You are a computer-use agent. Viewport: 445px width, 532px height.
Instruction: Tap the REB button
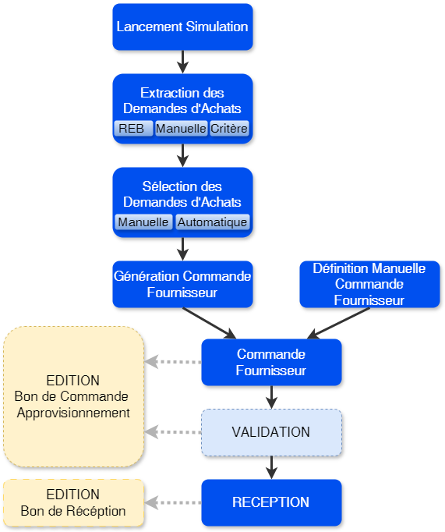pos(132,129)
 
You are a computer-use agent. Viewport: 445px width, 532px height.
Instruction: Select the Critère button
pos(230,129)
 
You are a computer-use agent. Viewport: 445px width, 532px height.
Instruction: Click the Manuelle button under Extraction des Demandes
pos(181,129)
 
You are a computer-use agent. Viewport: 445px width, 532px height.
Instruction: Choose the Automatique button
pos(212,222)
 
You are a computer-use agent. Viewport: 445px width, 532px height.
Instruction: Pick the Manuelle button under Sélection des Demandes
pos(143,222)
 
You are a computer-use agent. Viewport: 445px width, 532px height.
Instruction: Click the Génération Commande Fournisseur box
pos(182,284)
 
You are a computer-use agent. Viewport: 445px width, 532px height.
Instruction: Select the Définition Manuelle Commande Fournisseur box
pos(369,284)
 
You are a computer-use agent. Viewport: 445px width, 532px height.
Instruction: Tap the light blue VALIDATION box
pos(270,432)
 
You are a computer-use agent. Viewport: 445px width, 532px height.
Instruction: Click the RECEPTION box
pos(270,502)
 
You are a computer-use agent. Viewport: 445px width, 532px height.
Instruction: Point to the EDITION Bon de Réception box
pos(73,502)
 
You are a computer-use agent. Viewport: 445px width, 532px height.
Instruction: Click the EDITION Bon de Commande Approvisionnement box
pos(73,396)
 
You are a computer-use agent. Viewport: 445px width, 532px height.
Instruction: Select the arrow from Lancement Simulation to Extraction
pos(182,62)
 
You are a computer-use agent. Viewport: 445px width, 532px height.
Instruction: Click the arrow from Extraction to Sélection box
pos(182,155)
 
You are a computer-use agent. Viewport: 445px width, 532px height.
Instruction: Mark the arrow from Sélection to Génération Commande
pos(182,249)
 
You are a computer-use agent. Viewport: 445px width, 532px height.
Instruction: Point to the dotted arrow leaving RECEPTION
pos(173,502)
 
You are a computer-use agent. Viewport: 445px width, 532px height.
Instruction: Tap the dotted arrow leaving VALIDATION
pos(173,432)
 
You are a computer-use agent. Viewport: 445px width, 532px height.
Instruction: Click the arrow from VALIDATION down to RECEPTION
pos(270,466)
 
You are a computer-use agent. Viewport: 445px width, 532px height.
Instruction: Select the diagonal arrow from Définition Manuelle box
pos(339,323)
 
